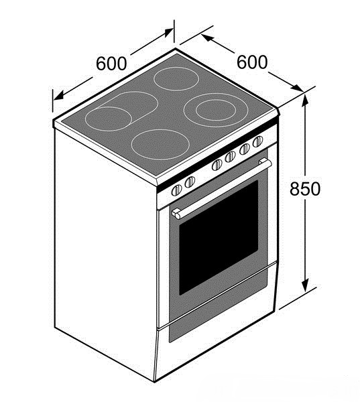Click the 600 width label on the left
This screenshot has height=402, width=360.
click(111, 64)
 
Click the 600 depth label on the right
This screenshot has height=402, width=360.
click(251, 62)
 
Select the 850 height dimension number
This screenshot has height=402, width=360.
click(305, 189)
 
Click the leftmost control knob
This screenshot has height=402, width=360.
click(176, 190)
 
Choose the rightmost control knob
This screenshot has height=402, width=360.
click(257, 141)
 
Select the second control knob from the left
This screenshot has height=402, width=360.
click(190, 182)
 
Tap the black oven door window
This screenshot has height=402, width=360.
click(219, 237)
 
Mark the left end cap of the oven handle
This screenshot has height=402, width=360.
click(176, 214)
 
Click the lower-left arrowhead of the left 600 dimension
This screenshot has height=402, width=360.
click(58, 96)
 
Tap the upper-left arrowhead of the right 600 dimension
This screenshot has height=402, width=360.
click(207, 38)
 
